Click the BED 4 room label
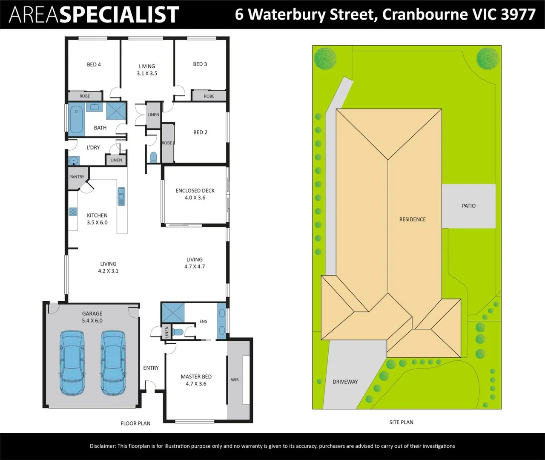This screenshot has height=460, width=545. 94,64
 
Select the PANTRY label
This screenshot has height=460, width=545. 77,177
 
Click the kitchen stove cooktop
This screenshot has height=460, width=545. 73,211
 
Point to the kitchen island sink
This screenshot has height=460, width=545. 121,196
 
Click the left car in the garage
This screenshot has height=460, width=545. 72,363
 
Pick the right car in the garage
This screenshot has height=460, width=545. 113,363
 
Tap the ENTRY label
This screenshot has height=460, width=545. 151,368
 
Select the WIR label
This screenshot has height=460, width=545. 235,380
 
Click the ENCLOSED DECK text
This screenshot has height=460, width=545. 195,190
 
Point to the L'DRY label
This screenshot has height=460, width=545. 93,147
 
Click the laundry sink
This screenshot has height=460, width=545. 74,161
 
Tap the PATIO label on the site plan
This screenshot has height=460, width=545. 469,206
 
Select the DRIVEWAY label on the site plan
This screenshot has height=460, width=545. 345,382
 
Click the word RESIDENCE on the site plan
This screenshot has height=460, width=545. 413,219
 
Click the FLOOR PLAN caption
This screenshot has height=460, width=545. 135,423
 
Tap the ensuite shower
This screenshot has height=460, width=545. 173,313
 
